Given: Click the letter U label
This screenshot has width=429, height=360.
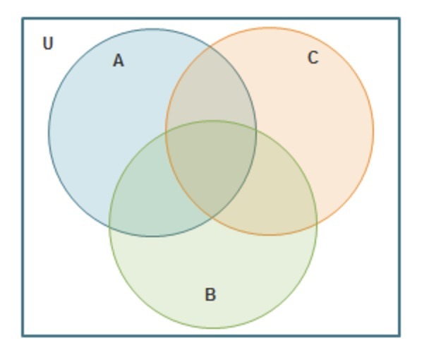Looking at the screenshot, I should click(47, 44).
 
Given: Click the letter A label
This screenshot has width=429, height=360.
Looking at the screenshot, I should click(119, 61).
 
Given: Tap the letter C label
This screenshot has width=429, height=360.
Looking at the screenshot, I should click(313, 58).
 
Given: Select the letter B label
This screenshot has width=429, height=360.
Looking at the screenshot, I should click(210, 295).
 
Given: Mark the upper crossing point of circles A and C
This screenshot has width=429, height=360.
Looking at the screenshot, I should click(210, 46).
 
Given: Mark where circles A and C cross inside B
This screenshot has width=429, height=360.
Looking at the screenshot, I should click(211, 218).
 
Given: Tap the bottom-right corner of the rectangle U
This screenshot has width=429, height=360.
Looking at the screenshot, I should click(399, 335).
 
